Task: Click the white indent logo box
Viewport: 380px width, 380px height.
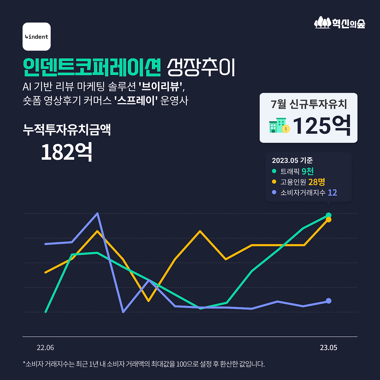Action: pyautogui.click(x=37, y=37)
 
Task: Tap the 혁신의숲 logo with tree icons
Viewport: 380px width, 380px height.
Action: pyautogui.click(x=340, y=23)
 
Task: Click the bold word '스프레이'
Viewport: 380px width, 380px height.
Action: pyautogui.click(x=136, y=101)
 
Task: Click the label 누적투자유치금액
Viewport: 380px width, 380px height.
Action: pyautogui.click(x=67, y=129)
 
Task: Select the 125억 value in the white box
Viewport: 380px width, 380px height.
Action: pyautogui.click(x=322, y=126)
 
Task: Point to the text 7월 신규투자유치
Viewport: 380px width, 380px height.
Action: pyautogui.click(x=309, y=104)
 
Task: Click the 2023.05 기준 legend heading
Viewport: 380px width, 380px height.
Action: pyautogui.click(x=292, y=160)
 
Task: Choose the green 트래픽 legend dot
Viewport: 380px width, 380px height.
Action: pyautogui.click(x=274, y=171)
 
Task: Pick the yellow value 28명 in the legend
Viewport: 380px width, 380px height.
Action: pyautogui.click(x=316, y=182)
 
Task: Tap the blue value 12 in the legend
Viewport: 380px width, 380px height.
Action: pyautogui.click(x=332, y=192)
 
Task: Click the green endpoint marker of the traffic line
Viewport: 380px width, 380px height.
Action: pyautogui.click(x=329, y=215)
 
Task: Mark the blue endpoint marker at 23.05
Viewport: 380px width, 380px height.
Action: pyautogui.click(x=329, y=301)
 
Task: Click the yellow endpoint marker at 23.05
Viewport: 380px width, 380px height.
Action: pyautogui.click(x=329, y=220)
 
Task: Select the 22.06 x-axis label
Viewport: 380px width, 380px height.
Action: pyautogui.click(x=45, y=348)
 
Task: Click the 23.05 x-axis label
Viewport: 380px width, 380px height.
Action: pyautogui.click(x=328, y=348)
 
